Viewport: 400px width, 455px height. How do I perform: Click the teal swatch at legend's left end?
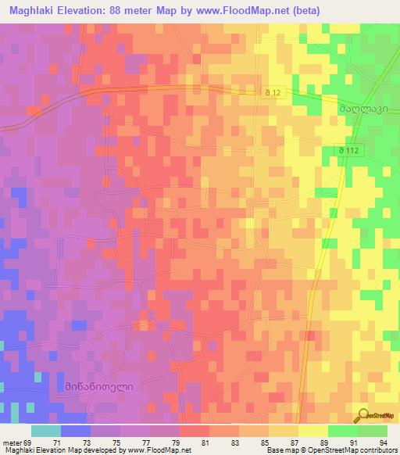45,431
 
